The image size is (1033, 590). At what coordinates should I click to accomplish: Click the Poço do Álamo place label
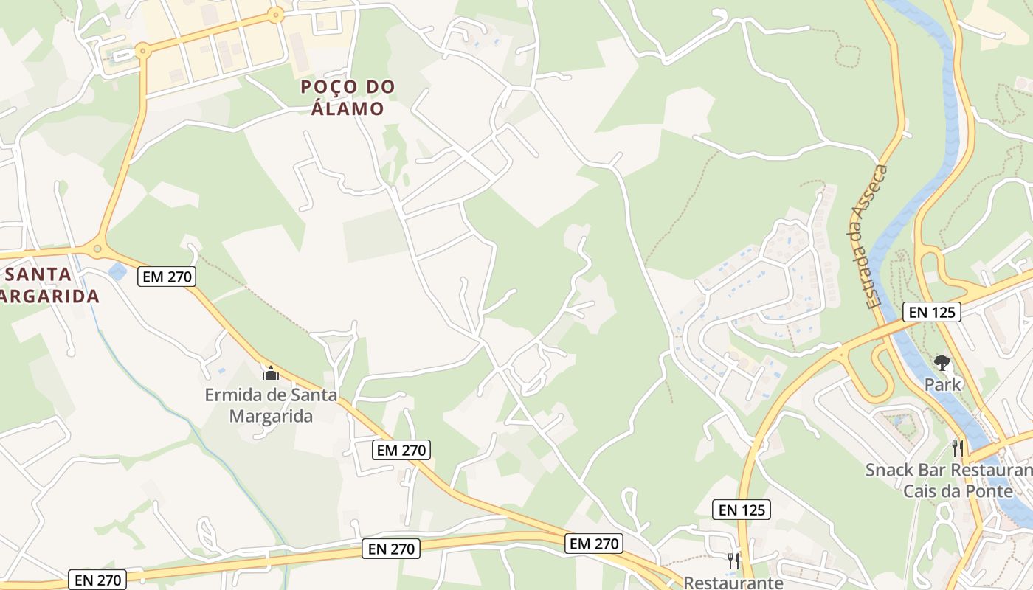click(348, 97)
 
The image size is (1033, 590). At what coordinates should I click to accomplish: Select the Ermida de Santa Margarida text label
click(271, 405)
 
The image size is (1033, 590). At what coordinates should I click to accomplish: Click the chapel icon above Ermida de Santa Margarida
click(270, 373)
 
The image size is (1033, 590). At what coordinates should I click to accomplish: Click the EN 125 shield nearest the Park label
click(933, 312)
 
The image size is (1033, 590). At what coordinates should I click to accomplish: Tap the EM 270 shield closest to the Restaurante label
click(594, 544)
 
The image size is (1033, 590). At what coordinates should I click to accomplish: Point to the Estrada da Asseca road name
click(869, 237)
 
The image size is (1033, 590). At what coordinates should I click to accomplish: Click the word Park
click(943, 384)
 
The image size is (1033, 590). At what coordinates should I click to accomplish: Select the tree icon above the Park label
click(942, 362)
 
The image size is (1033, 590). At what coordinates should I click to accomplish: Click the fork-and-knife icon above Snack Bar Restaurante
click(958, 448)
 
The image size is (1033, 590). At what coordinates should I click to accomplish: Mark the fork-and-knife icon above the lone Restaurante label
click(733, 560)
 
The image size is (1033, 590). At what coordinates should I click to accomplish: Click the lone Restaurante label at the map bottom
click(733, 583)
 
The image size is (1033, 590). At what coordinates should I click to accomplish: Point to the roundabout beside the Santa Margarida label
click(97, 249)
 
